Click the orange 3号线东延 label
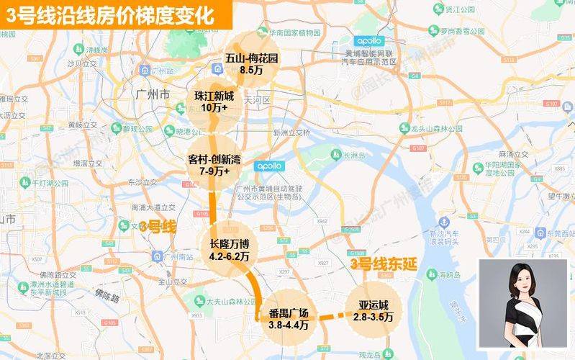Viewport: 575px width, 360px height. point(384,264)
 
